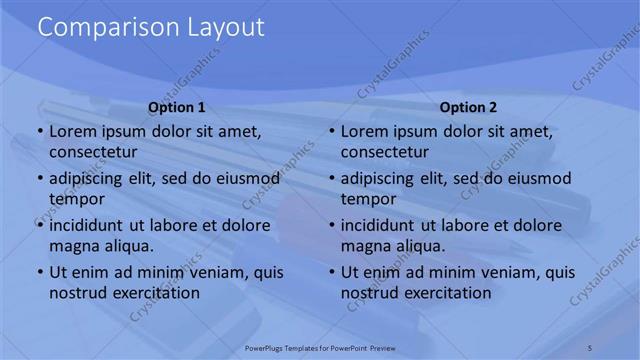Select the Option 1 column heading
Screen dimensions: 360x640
tap(177, 108)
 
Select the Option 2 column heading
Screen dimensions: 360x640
tap(468, 108)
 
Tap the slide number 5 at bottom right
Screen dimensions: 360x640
tap(591, 347)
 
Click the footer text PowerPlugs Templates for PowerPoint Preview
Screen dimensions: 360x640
tap(319, 347)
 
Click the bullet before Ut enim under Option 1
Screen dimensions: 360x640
tap(40, 272)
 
